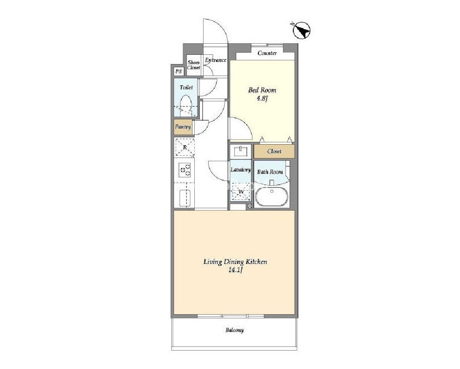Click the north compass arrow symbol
(x=302, y=30)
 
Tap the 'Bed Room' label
(x=262, y=90)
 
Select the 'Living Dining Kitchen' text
(x=235, y=262)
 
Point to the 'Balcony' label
(x=234, y=330)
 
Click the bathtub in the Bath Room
(x=272, y=197)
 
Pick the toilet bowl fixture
(x=186, y=106)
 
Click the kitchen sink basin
(x=185, y=198)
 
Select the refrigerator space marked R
(x=185, y=147)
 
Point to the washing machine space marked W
(x=241, y=191)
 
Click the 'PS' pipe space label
(x=178, y=71)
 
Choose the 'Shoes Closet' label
(x=193, y=65)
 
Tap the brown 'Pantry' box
(x=183, y=127)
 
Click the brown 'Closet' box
(x=274, y=152)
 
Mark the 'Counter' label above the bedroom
(x=267, y=53)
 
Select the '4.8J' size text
(x=262, y=98)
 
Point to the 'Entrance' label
(x=215, y=60)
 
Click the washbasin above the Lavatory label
(x=240, y=152)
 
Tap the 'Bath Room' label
(x=270, y=172)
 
